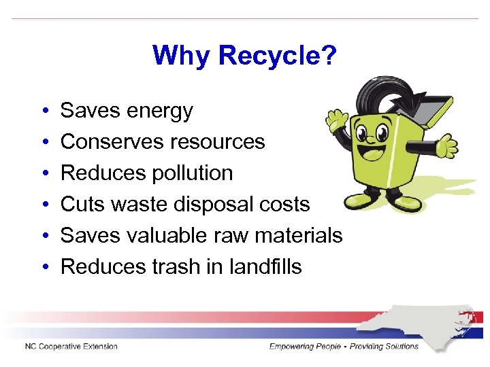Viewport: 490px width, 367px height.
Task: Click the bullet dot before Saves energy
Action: [43, 111]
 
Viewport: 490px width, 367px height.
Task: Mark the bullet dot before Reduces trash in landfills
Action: [43, 267]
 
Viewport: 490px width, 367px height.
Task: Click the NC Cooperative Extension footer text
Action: [71, 347]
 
